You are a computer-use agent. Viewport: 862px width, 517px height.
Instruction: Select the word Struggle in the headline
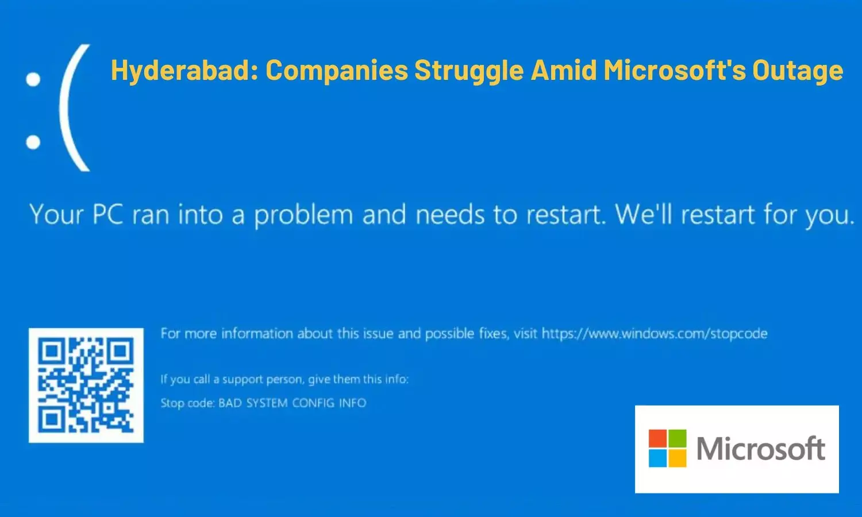(x=469, y=71)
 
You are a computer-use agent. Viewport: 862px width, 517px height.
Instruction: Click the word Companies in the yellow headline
(x=337, y=71)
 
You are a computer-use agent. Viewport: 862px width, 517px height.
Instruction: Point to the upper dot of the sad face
(x=33, y=79)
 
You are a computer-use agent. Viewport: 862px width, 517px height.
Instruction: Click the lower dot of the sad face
(x=33, y=141)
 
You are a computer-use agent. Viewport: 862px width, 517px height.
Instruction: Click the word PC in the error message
(x=108, y=215)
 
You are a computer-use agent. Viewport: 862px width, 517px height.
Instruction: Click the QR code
(x=86, y=385)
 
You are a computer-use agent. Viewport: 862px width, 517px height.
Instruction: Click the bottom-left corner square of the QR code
(x=51, y=420)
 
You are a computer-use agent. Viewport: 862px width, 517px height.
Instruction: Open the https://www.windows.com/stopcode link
(x=655, y=334)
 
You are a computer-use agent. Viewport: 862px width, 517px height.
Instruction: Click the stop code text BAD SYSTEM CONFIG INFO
(x=292, y=403)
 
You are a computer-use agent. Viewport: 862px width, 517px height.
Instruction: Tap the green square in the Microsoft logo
(x=677, y=439)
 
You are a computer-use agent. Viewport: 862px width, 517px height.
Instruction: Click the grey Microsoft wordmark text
(x=761, y=448)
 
